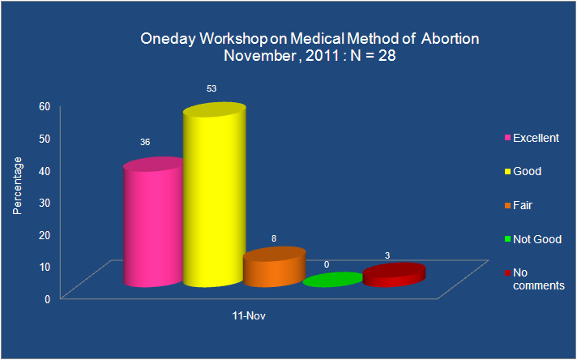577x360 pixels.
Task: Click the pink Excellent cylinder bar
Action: point(153,222)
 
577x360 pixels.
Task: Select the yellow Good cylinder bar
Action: point(215,195)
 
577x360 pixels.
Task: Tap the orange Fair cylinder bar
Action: point(275,267)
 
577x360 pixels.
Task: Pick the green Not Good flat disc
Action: point(333,280)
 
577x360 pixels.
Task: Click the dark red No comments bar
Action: point(394,275)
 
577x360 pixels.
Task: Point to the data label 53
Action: point(212,88)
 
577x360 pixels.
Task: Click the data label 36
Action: point(145,143)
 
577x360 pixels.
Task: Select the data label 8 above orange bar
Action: point(274,239)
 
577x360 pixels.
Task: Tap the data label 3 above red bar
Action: point(387,256)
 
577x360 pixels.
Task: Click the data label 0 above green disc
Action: point(327,265)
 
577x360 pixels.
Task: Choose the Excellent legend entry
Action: point(532,138)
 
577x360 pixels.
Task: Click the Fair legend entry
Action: point(519,205)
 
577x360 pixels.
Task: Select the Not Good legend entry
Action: point(533,239)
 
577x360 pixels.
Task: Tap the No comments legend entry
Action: point(535,279)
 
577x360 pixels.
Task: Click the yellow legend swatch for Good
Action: point(508,172)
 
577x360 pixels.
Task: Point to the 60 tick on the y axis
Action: point(45,107)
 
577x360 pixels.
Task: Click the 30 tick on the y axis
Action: point(45,203)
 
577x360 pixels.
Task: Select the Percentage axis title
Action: point(17,186)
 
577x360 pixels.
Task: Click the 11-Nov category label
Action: point(249,316)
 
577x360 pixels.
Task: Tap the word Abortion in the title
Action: point(450,39)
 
